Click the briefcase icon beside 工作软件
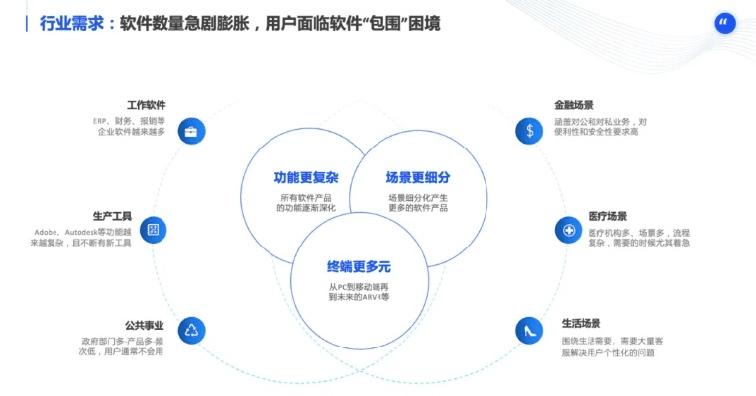click(191, 130)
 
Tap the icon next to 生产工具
click(153, 230)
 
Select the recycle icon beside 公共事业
click(191, 330)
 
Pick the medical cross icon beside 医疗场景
click(568, 230)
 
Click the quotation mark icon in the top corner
click(725, 24)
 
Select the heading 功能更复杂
click(306, 178)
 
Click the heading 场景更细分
click(418, 178)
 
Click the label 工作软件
click(146, 105)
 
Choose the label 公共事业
click(144, 325)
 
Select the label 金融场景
click(574, 105)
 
